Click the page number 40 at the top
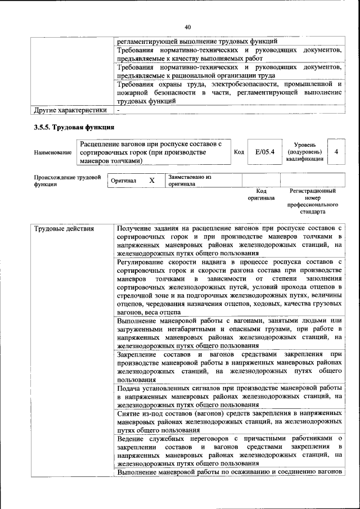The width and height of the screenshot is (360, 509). pyautogui.click(x=187, y=27)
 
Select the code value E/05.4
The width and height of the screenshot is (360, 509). pyautogui.click(x=263, y=152)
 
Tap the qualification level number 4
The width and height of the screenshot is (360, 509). pyautogui.click(x=336, y=152)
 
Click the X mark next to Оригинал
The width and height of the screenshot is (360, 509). pyautogui.click(x=151, y=181)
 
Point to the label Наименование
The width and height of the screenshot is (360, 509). pyautogui.click(x=53, y=152)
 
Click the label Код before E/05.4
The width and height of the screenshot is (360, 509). pyautogui.click(x=238, y=152)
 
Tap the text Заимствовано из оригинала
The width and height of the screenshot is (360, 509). pyautogui.click(x=189, y=181)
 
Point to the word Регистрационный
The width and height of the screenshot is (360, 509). pyautogui.click(x=312, y=191)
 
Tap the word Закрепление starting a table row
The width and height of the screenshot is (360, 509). pyautogui.click(x=137, y=354)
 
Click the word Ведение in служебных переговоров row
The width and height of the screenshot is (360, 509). pyautogui.click(x=131, y=438)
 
